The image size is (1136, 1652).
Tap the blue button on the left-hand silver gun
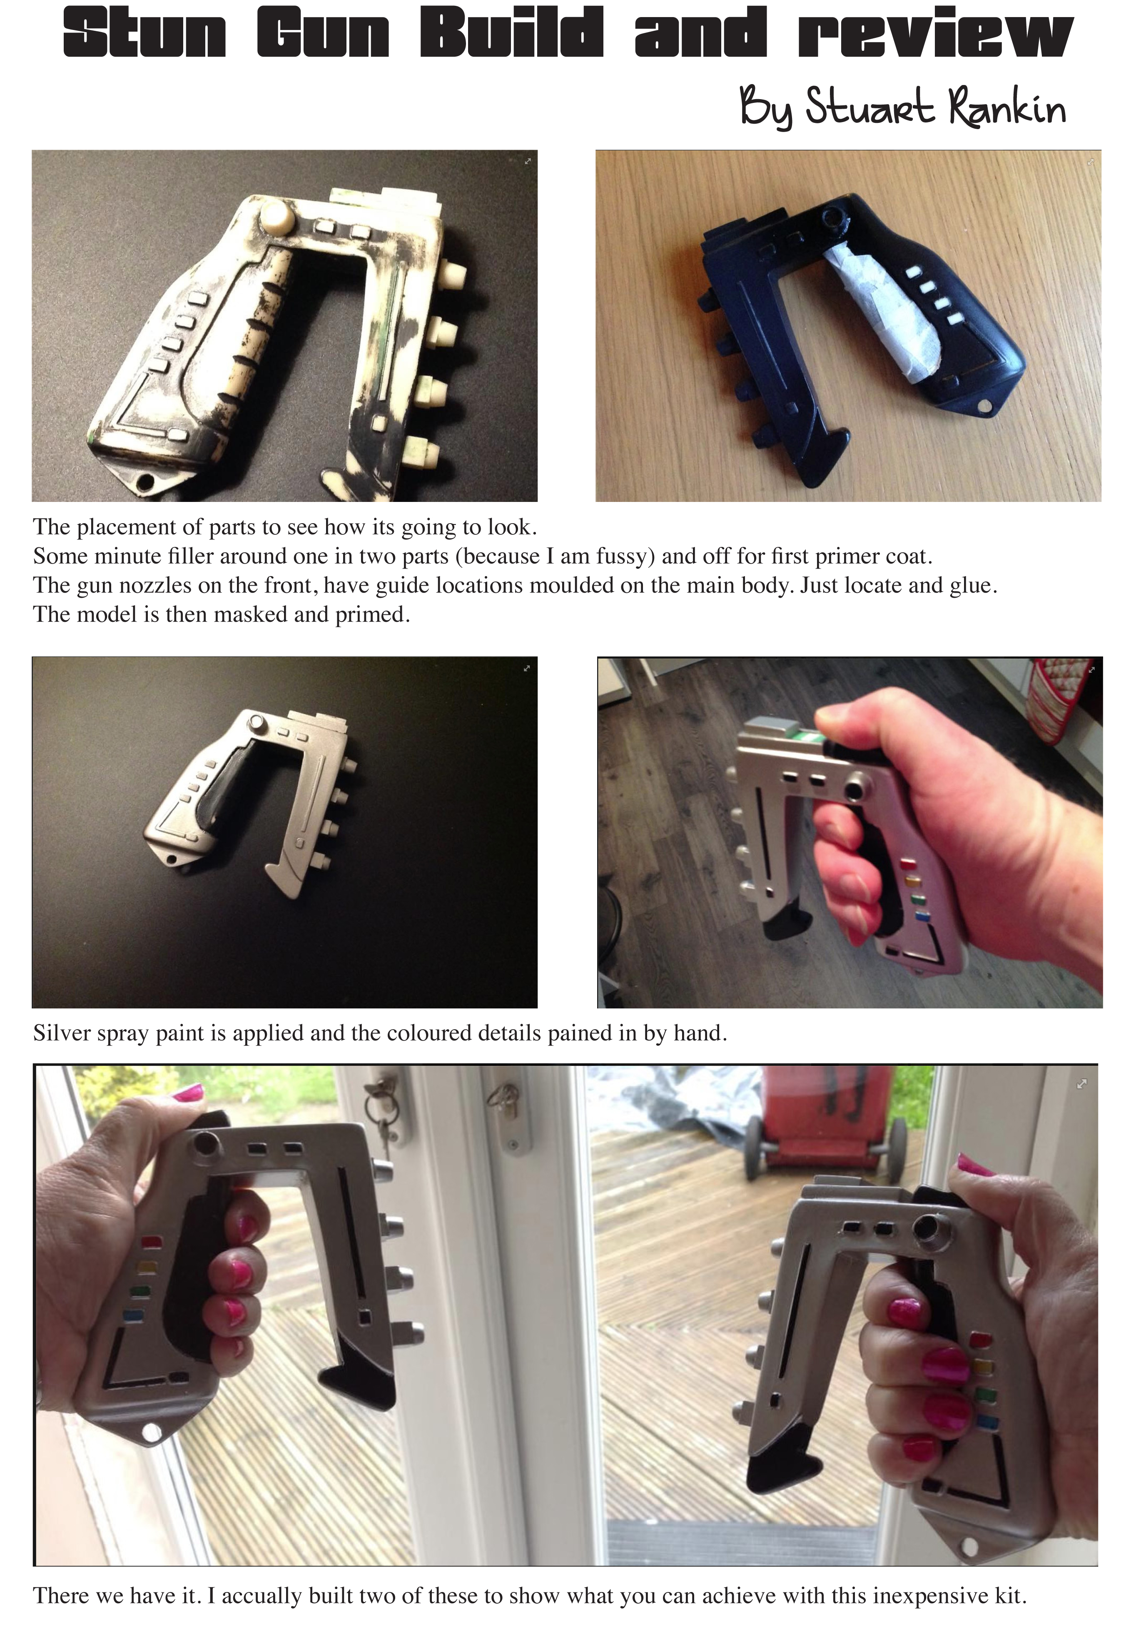133,1315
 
